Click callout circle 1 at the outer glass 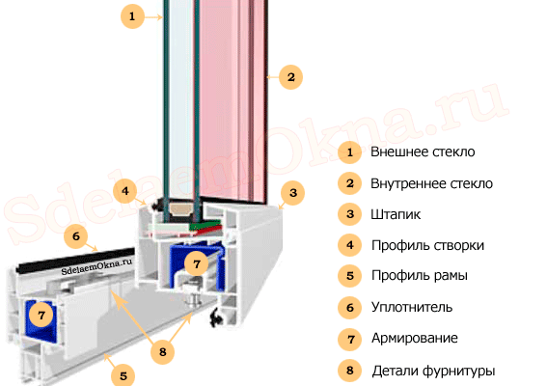tap(132, 16)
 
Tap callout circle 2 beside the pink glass tap(291, 77)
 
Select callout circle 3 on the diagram tap(293, 193)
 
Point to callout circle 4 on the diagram tap(124, 191)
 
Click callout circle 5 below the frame tap(123, 376)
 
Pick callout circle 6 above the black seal tap(76, 236)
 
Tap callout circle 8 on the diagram tap(163, 352)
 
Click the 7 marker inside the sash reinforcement tap(197, 263)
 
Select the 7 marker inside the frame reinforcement tap(41, 316)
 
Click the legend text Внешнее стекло tap(423, 152)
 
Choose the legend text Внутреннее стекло tap(431, 183)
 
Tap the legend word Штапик tap(396, 214)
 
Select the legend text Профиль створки tap(427, 245)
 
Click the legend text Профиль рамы tap(420, 276)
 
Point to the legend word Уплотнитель tap(412, 307)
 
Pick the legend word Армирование tap(415, 338)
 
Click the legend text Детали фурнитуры tap(433, 371)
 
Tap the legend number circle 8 tap(350, 371)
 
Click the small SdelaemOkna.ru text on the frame tap(96, 266)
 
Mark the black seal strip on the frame tap(76, 260)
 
